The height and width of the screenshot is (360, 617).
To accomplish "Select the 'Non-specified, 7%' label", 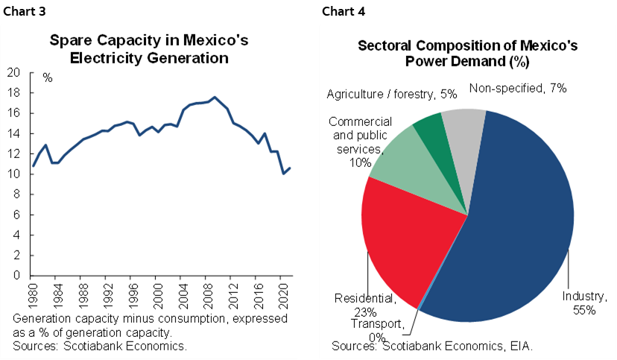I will [x=518, y=88].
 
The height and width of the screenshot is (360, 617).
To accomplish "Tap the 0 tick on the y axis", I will [x=16, y=276].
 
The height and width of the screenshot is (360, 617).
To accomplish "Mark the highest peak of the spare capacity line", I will [x=215, y=97].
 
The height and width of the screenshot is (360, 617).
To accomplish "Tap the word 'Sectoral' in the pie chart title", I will [x=387, y=45].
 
